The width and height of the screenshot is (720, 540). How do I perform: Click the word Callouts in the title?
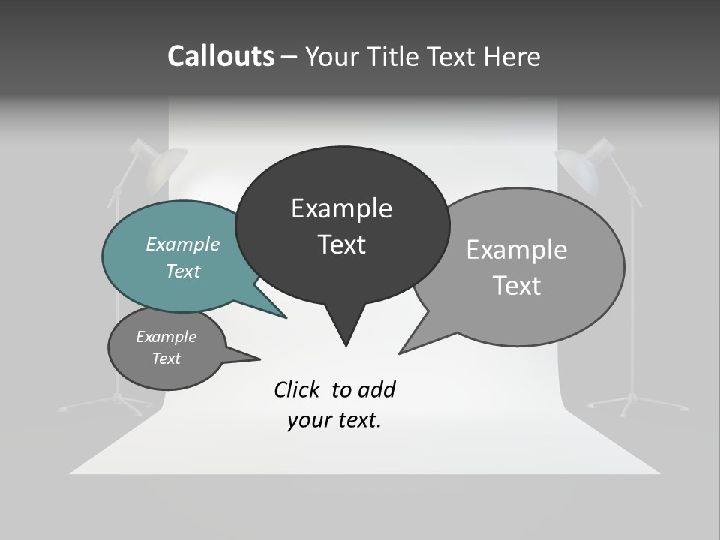click(x=220, y=57)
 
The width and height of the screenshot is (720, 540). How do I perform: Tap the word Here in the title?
click(x=512, y=57)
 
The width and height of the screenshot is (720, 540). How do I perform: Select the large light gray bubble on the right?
click(x=570, y=300)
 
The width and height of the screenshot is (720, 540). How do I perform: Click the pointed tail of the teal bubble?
click(x=283, y=316)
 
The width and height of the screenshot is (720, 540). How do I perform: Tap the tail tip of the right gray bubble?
click(x=402, y=352)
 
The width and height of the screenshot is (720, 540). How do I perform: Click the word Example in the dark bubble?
click(x=341, y=208)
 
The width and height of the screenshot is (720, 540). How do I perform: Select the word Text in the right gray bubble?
click(x=517, y=286)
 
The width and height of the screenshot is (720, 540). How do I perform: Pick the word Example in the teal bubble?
click(x=182, y=244)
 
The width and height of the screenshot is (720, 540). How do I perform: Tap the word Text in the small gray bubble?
click(x=166, y=358)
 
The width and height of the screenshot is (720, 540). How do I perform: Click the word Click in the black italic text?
click(x=298, y=389)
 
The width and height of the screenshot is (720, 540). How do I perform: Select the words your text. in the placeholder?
click(x=334, y=420)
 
